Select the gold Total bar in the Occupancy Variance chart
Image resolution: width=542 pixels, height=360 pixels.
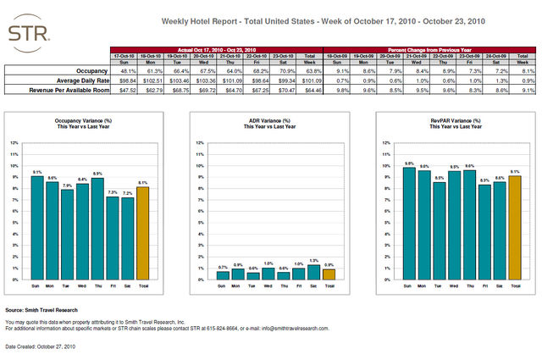click(142, 233)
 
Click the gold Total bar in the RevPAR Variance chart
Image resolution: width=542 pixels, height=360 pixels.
click(514, 227)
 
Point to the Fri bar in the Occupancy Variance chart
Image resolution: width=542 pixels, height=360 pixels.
click(113, 238)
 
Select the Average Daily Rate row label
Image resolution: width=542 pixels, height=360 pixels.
click(77, 80)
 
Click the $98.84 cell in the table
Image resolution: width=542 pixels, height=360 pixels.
click(127, 80)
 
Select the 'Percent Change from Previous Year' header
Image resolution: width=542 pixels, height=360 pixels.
click(431, 50)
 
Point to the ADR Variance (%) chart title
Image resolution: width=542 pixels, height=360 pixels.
click(270, 122)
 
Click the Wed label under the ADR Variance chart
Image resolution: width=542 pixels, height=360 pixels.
click(268, 287)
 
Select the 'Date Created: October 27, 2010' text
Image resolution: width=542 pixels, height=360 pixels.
click(41, 347)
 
